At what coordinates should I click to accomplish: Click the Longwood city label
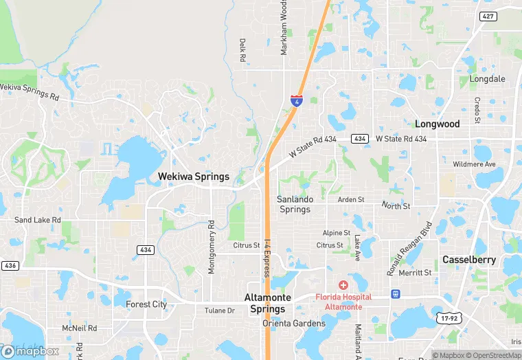tap(437, 124)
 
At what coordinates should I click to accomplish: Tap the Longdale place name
tap(487, 79)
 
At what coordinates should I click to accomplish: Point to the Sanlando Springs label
tap(295, 204)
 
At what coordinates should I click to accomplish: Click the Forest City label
tap(146, 304)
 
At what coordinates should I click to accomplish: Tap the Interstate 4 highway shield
tap(296, 100)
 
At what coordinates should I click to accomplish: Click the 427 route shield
tap(488, 16)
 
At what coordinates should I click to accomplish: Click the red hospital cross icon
tap(343, 285)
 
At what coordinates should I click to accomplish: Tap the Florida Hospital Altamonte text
tap(343, 302)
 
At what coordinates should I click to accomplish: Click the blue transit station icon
tap(396, 294)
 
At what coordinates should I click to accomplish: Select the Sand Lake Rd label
tap(38, 221)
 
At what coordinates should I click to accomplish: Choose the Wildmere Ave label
tap(474, 165)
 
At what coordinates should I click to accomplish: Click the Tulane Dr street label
tap(219, 311)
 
